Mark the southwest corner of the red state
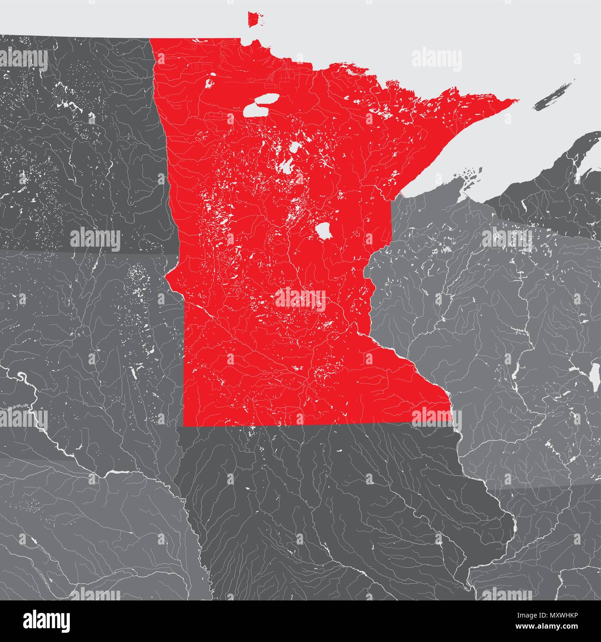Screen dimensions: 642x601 184,424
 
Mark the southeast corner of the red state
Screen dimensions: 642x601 451,423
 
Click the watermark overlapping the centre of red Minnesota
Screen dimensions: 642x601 300,297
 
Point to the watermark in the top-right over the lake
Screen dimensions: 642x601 436,60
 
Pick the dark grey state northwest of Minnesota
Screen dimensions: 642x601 79,139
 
